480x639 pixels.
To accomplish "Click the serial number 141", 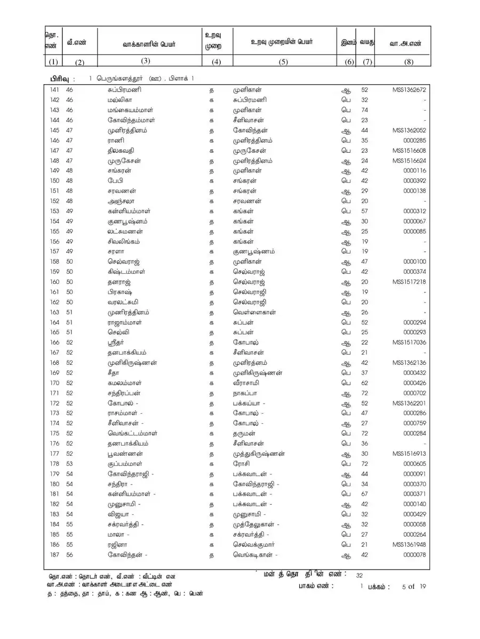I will pyautogui.click(x=54, y=90).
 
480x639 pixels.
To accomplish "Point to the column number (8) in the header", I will pyautogui.click(x=409, y=62).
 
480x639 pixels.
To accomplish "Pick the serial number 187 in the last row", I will pyautogui.click(x=54, y=555).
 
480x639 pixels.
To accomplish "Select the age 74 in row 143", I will pyautogui.click(x=365, y=110).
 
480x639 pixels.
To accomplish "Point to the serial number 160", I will pyautogui.click(x=54, y=282).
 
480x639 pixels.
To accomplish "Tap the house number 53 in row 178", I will pyautogui.click(x=69, y=464).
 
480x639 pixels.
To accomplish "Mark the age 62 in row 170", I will pyautogui.click(x=365, y=383).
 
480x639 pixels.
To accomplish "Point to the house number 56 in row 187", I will pyautogui.click(x=69, y=555).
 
